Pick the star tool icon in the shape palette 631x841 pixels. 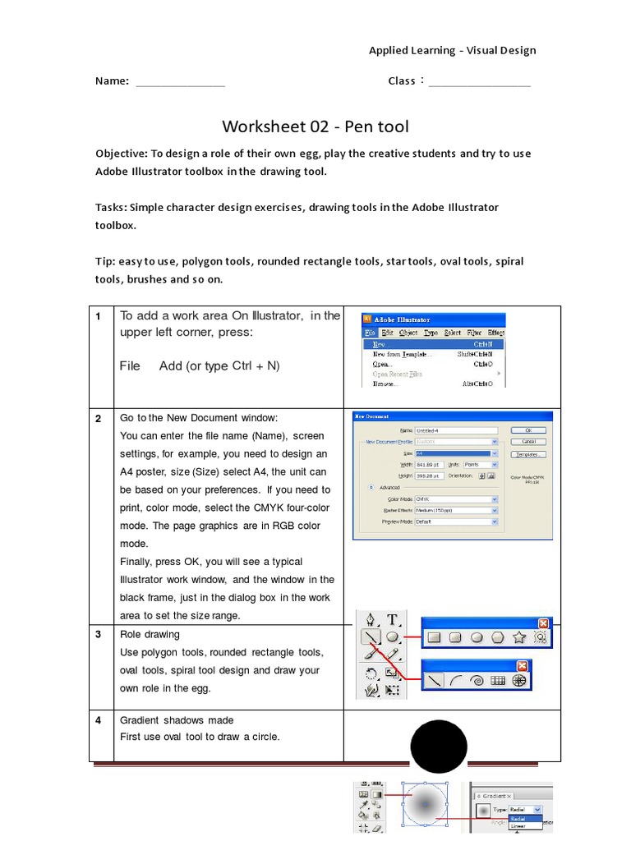[x=518, y=636]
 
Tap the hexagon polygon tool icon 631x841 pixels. [x=497, y=636]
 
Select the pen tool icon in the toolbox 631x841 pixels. [x=371, y=619]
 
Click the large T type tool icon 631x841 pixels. [x=393, y=619]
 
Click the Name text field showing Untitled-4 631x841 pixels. [x=456, y=430]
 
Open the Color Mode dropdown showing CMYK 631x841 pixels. [x=456, y=499]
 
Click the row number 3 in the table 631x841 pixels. [x=98, y=635]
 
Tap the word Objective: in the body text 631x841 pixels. [x=120, y=154]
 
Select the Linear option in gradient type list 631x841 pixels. [x=518, y=825]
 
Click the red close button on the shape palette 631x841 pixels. [x=541, y=623]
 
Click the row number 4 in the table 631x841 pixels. [x=98, y=720]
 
